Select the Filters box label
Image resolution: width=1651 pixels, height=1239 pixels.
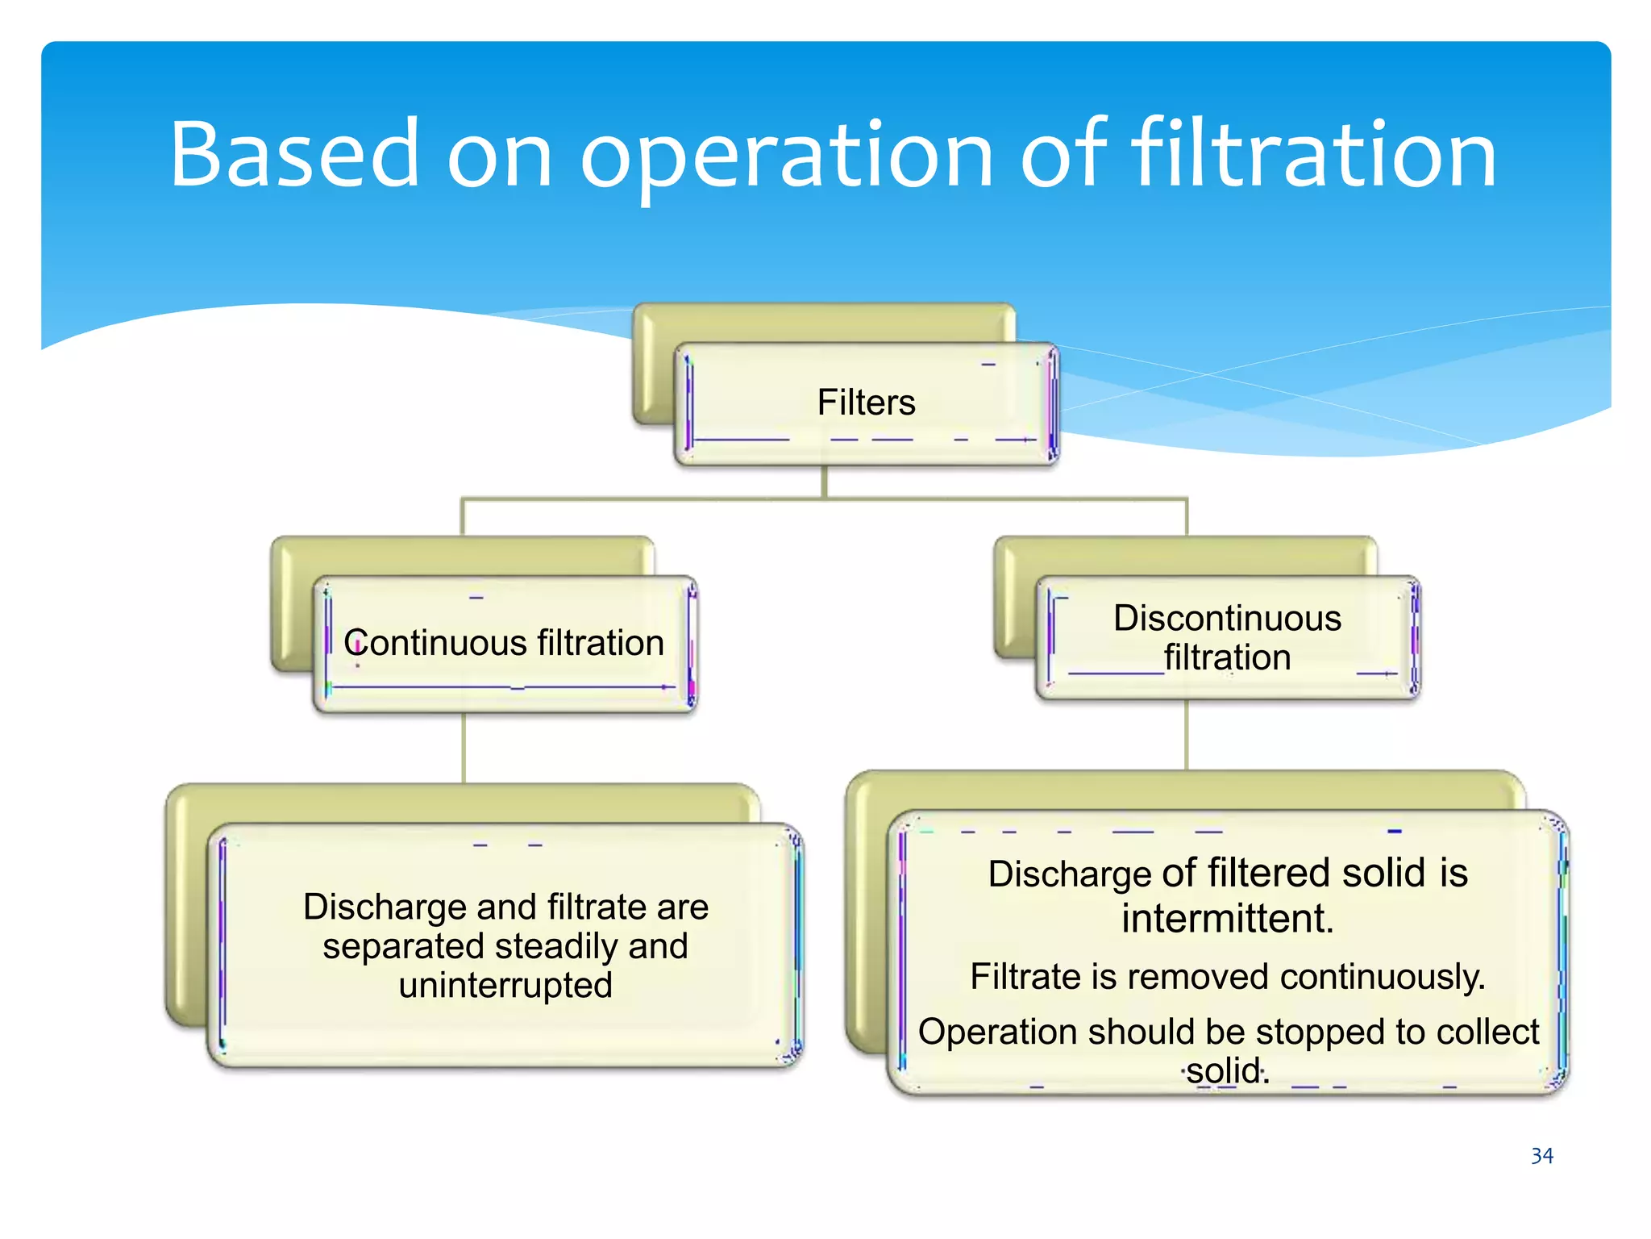866,403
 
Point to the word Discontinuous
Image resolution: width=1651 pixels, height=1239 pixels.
1227,619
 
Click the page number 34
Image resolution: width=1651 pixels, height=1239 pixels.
1541,1156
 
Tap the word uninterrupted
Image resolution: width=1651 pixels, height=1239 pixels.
505,986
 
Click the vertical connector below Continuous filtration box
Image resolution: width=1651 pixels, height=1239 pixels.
464,748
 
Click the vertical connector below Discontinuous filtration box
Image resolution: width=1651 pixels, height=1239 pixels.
1187,735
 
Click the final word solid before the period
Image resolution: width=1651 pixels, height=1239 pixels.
1223,1071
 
